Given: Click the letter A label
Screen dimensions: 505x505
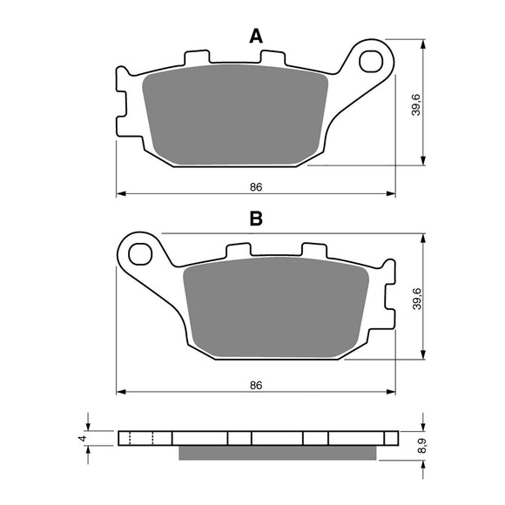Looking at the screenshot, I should click(256, 36).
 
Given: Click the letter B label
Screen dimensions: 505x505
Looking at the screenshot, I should click(256, 219).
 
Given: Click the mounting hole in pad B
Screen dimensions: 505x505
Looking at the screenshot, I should click(139, 254).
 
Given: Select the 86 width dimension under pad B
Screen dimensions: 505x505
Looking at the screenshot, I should click(256, 384).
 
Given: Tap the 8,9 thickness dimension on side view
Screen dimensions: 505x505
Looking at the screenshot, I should click(421, 447).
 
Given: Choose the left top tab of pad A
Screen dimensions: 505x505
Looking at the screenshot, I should click(195, 57).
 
